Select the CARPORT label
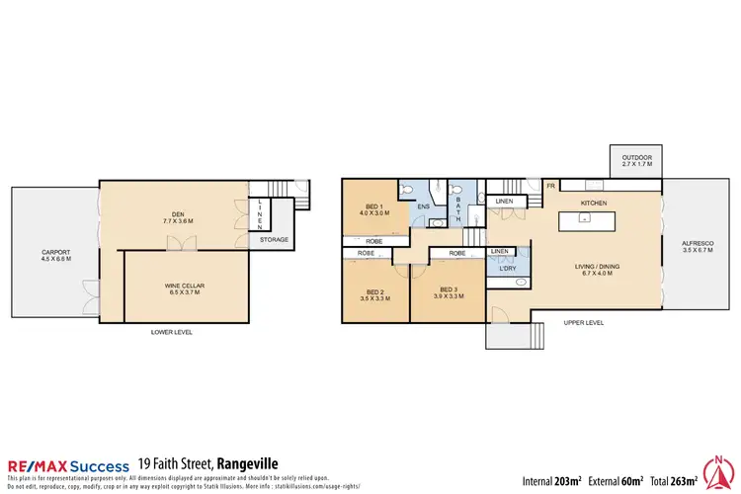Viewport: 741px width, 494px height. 56,254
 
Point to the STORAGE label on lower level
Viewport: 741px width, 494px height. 273,239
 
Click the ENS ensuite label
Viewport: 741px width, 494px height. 423,206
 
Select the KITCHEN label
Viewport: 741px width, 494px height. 593,203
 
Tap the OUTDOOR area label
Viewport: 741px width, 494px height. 636,159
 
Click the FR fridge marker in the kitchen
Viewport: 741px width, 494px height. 549,184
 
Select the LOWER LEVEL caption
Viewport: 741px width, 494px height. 172,332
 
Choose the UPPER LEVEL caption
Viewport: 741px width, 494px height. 583,323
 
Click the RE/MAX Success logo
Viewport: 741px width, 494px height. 68,466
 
